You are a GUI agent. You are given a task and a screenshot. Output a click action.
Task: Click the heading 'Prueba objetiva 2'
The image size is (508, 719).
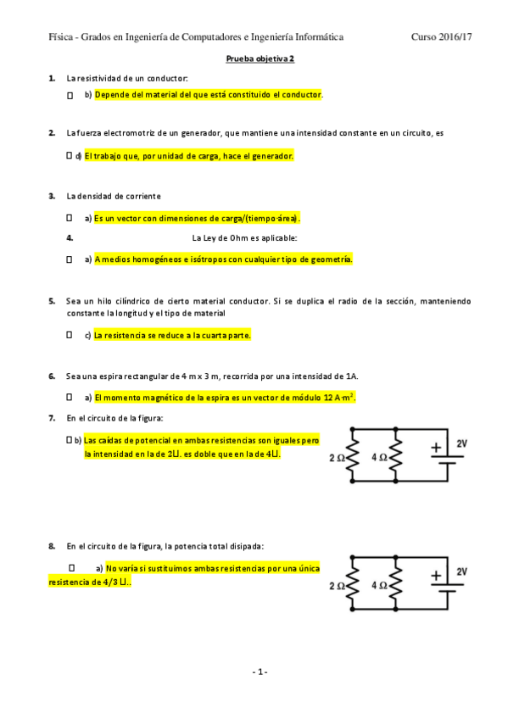pyautogui.click(x=260, y=59)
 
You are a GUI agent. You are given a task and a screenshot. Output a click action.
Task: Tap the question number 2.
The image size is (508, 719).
pyautogui.click(x=52, y=133)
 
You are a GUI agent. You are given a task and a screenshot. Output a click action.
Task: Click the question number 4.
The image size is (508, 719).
pyautogui.click(x=70, y=238)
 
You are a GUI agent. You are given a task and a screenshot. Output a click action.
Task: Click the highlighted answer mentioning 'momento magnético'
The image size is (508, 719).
pyautogui.click(x=225, y=397)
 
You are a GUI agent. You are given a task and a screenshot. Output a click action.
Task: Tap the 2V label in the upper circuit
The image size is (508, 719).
pyautogui.click(x=461, y=443)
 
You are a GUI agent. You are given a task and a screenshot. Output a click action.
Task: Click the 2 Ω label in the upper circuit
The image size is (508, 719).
pyautogui.click(x=336, y=457)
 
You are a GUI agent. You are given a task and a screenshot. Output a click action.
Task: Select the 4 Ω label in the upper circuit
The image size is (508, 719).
pyautogui.click(x=379, y=457)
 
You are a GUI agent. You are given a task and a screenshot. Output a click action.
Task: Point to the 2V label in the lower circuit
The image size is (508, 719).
pyautogui.click(x=461, y=571)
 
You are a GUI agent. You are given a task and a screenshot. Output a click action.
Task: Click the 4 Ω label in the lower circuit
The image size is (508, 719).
pyautogui.click(x=379, y=585)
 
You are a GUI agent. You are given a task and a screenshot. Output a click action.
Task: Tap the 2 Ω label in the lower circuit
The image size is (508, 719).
pyautogui.click(x=336, y=585)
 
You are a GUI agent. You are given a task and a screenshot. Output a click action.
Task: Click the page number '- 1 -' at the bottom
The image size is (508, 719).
pyautogui.click(x=260, y=672)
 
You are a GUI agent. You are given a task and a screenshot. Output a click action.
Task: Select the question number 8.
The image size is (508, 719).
pyautogui.click(x=52, y=545)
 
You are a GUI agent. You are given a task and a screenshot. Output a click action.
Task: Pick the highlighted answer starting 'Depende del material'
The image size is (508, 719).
pyautogui.click(x=208, y=95)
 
